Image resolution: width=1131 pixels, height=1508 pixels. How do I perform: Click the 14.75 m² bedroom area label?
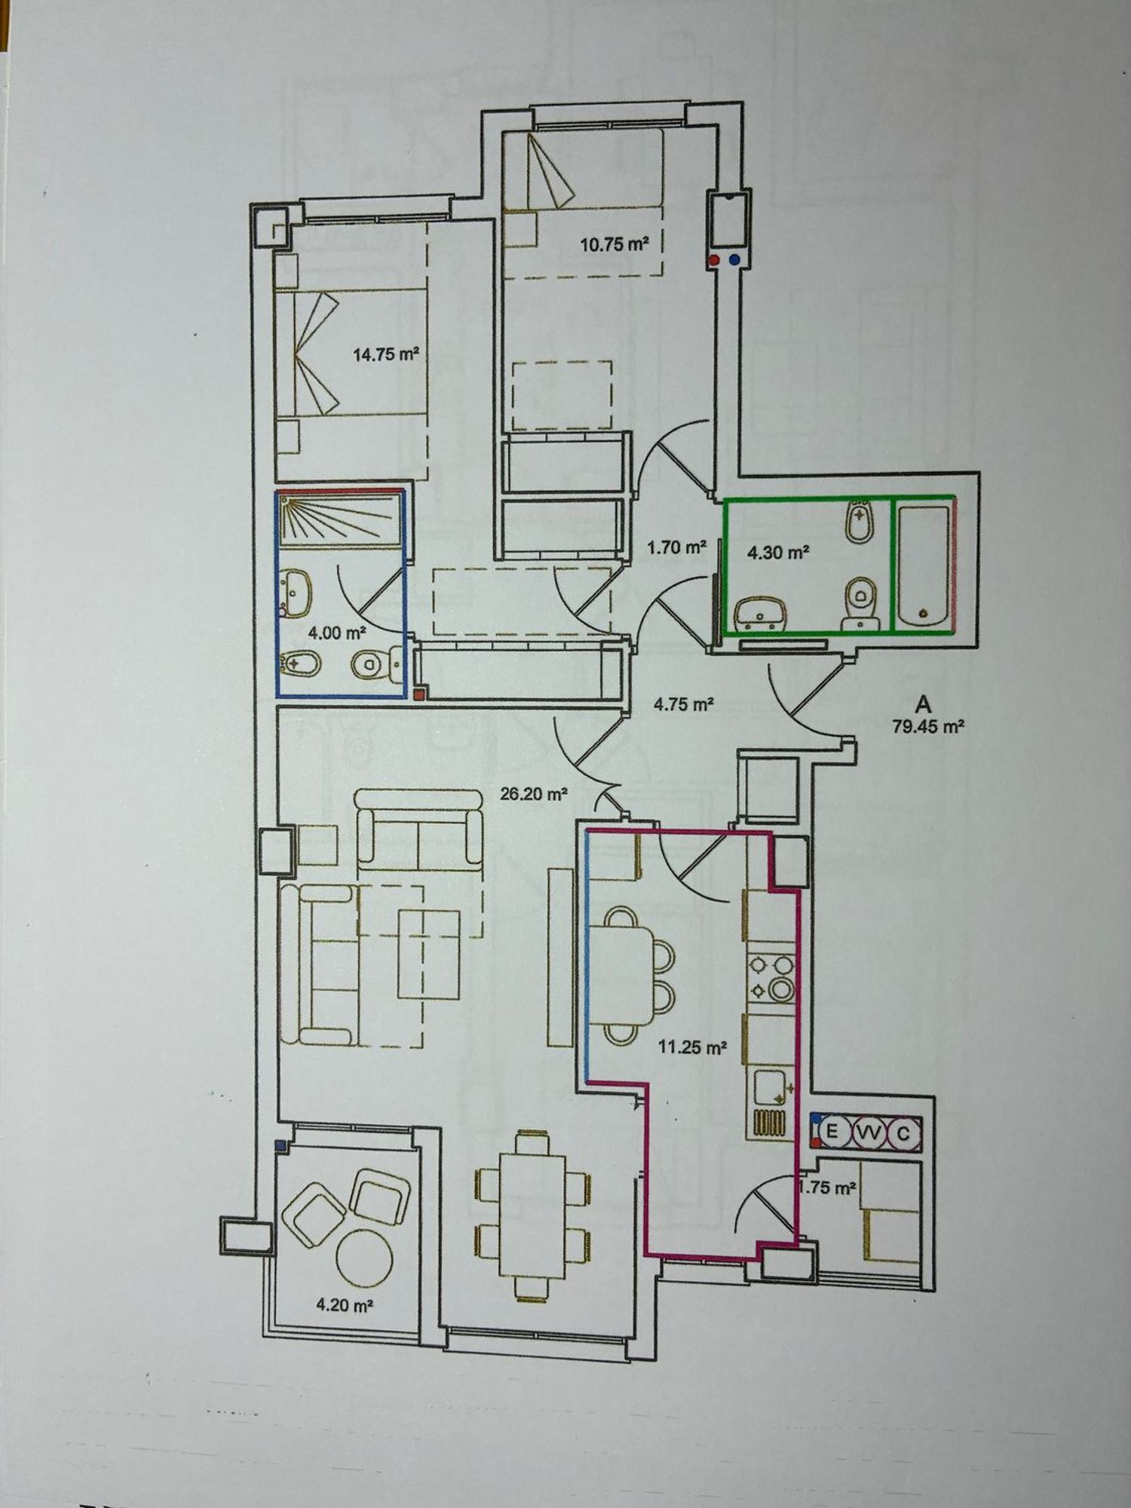pyautogui.click(x=386, y=354)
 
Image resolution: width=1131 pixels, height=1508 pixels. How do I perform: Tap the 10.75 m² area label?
pyautogui.click(x=615, y=244)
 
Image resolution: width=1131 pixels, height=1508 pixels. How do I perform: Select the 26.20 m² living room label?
pyautogui.click(x=534, y=793)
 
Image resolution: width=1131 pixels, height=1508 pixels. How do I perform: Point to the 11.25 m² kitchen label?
pyautogui.click(x=692, y=1047)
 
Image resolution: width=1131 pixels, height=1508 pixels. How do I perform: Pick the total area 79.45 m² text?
pyautogui.click(x=929, y=728)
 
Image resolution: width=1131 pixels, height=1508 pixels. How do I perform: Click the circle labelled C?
pyautogui.click(x=904, y=1133)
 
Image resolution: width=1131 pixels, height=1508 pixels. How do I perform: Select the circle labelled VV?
pyautogui.click(x=869, y=1133)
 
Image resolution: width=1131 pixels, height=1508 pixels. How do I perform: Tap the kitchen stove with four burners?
pyautogui.click(x=771, y=978)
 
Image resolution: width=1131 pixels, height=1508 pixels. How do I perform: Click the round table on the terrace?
pyautogui.click(x=363, y=1258)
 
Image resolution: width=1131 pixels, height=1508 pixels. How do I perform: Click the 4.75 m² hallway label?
pyautogui.click(x=684, y=705)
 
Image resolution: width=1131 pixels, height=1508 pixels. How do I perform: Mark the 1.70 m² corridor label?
pyautogui.click(x=676, y=547)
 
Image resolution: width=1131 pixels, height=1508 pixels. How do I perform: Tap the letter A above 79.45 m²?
pyautogui.click(x=923, y=705)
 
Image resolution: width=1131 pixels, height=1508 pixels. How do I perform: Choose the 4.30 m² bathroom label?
pyautogui.click(x=778, y=553)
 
